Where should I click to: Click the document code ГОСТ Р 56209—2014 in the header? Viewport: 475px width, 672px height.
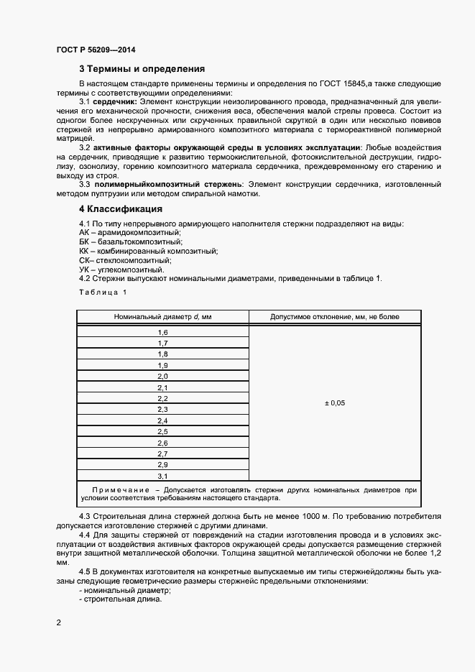pyautogui.click(x=95, y=50)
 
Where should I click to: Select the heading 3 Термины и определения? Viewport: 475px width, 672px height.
pyautogui.click(x=142, y=70)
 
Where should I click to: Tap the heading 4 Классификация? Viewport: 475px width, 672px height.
pyautogui.click(x=120, y=209)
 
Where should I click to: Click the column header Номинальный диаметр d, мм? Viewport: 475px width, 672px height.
pyautogui.click(x=162, y=317)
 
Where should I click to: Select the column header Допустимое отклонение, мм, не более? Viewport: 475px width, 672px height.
pyautogui.click(x=335, y=317)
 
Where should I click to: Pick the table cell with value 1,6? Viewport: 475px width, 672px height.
pyautogui.click(x=162, y=333)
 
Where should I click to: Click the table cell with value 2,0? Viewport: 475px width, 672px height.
pyautogui.click(x=162, y=377)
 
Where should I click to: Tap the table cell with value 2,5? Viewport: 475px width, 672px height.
pyautogui.click(x=162, y=431)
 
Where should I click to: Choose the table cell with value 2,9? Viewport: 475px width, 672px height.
pyautogui.click(x=162, y=465)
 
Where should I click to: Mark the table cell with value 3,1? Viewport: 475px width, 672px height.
pyautogui.click(x=162, y=476)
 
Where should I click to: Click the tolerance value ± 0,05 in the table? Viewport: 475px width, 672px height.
pyautogui.click(x=335, y=404)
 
